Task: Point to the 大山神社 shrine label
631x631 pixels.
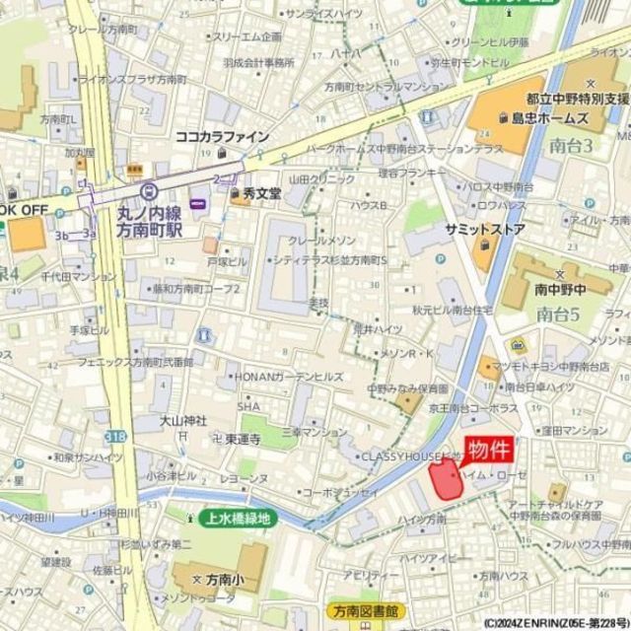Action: pos(184,421)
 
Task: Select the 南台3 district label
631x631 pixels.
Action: pos(571,144)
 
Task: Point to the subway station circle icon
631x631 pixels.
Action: pos(149,191)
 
